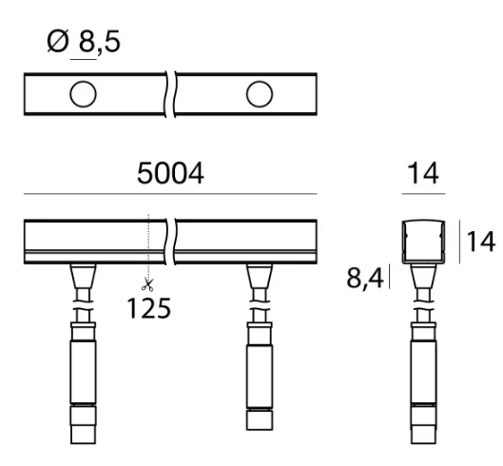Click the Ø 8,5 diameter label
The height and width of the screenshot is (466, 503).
84,41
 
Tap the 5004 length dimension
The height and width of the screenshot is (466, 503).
170,173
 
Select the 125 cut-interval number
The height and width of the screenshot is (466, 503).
149,308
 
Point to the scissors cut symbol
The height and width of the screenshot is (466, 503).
148,284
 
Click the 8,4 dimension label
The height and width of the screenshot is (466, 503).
365,278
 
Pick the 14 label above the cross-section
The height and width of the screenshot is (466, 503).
423,173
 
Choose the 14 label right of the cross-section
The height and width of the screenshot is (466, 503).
480,242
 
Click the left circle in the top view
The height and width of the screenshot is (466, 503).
83,94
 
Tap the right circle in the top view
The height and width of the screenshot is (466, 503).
260,94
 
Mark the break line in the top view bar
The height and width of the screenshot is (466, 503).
170,94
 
